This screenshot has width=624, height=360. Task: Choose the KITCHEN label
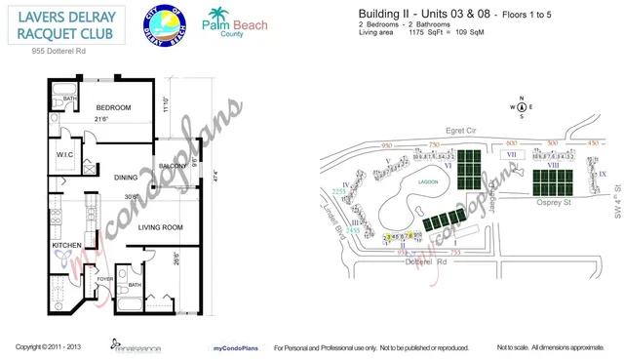66,246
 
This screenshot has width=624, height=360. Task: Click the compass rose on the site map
522,107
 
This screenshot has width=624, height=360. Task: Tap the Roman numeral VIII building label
553,167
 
